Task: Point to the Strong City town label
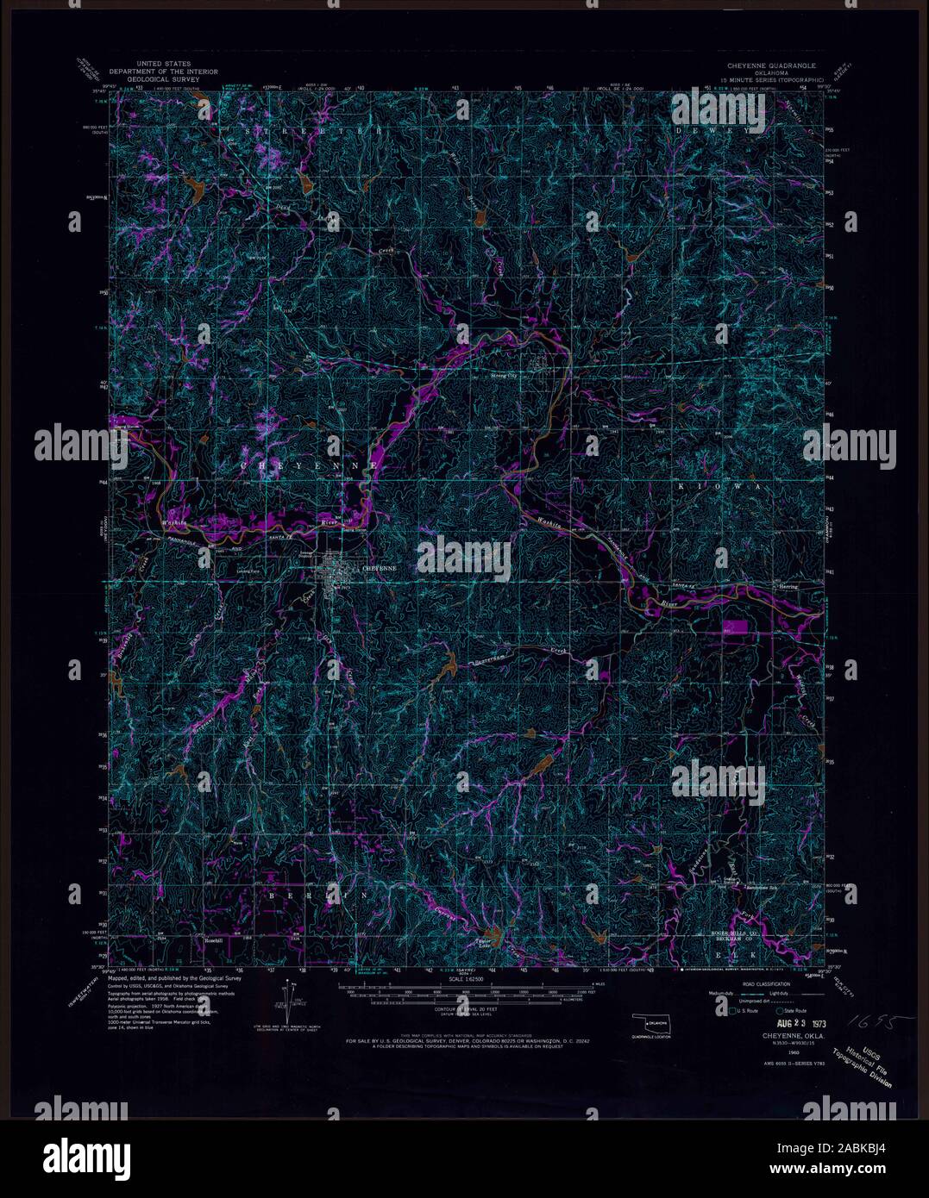504,377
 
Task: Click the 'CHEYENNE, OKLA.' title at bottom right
791,1034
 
